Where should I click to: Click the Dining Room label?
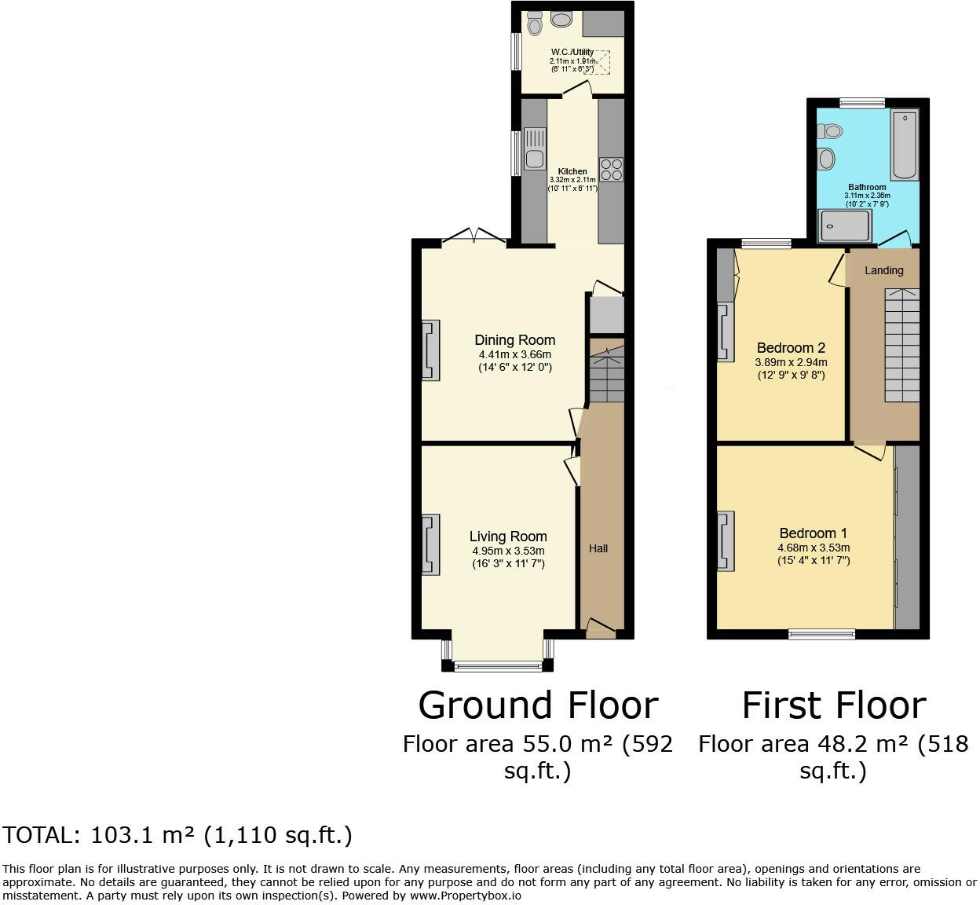click(x=514, y=340)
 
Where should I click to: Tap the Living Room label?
click(x=508, y=537)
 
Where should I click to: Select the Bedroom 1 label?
click(x=813, y=533)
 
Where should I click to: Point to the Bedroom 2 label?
click(x=791, y=348)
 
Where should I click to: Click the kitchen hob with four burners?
click(x=611, y=170)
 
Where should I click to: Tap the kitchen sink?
click(x=535, y=148)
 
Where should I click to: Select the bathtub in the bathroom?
click(x=904, y=145)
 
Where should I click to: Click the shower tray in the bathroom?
click(x=844, y=225)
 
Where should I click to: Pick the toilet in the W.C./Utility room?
click(x=535, y=24)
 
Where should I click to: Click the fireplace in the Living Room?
click(x=430, y=545)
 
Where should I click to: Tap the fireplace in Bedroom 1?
click(x=726, y=540)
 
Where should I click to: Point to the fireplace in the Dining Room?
click(x=430, y=350)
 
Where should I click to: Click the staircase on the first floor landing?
click(x=902, y=346)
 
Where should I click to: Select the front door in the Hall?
click(x=601, y=627)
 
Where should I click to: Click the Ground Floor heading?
click(x=538, y=705)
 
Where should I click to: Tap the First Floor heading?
click(x=834, y=705)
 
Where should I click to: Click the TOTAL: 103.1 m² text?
click(x=177, y=835)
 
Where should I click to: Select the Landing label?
click(x=884, y=270)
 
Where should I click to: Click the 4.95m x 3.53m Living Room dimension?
click(x=508, y=551)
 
